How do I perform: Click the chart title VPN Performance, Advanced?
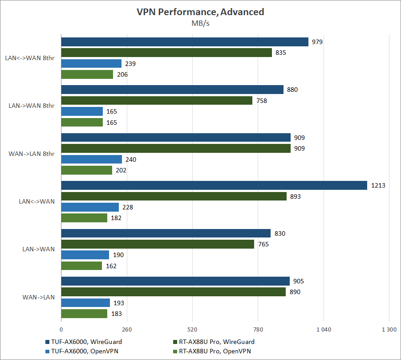pyautogui.click(x=200, y=12)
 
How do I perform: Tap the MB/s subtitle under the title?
pyautogui.click(x=200, y=24)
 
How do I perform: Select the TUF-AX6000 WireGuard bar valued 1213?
pyautogui.click(x=214, y=185)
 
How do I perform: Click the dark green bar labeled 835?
pyautogui.click(x=166, y=53)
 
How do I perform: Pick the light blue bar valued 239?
pyautogui.click(x=91, y=64)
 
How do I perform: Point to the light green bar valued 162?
pyautogui.click(x=81, y=266)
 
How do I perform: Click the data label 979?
pyautogui.click(x=317, y=42)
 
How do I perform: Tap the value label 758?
pyautogui.click(x=261, y=101)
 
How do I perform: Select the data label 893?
pyautogui.click(x=296, y=196)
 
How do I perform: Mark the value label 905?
pyautogui.click(x=299, y=282)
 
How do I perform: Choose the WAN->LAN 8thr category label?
pyautogui.click(x=32, y=154)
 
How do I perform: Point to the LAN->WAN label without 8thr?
pyautogui.click(x=38, y=250)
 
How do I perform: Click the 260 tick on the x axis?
pyautogui.click(x=127, y=330)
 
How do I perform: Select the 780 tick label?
pyautogui.click(x=258, y=330)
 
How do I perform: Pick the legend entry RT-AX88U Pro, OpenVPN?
pyautogui.click(x=215, y=352)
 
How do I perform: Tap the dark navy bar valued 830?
pyautogui.click(x=166, y=233)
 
